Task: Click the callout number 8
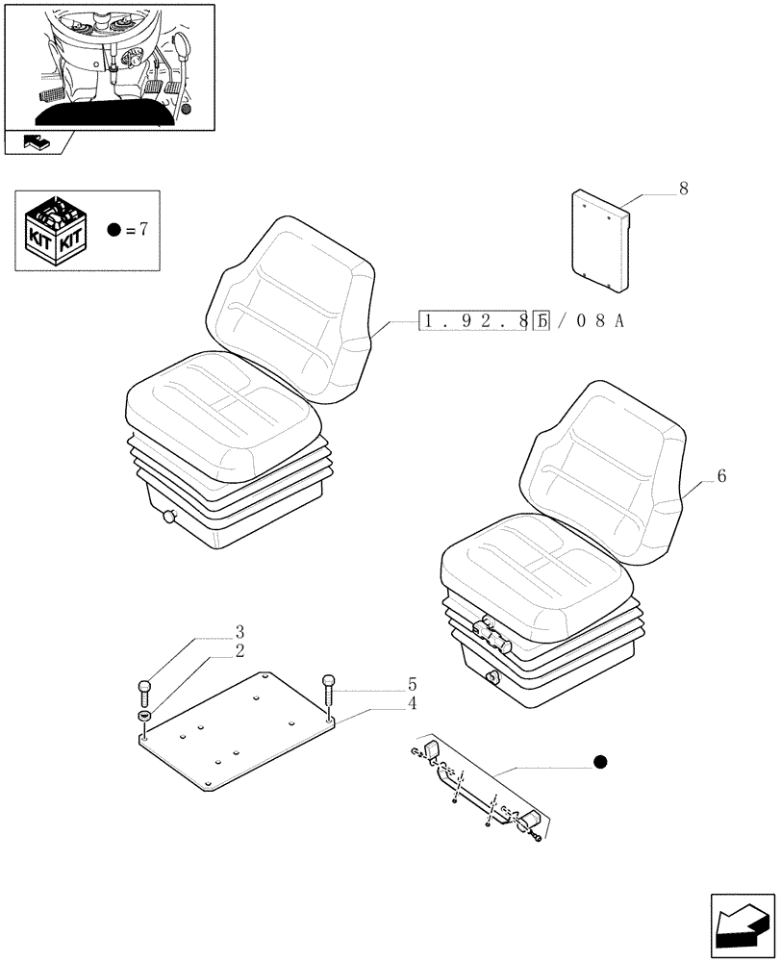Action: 683,189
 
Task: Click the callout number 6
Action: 721,476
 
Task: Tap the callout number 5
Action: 412,685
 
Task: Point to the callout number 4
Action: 412,703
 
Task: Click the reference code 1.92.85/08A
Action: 522,321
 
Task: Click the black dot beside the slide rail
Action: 601,763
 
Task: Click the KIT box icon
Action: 57,231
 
